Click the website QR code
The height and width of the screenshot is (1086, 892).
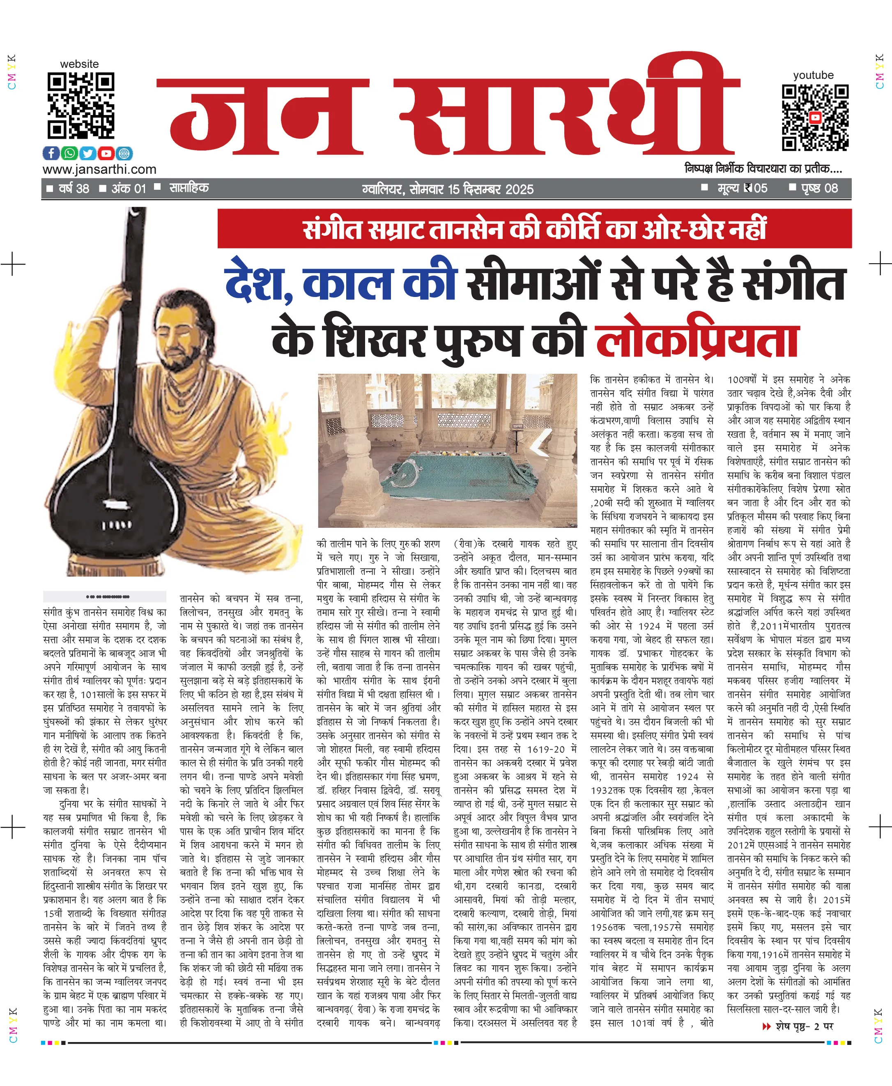(x=80, y=106)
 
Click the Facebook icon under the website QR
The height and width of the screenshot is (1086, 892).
(x=51, y=153)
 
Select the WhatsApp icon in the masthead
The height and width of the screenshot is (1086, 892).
(x=69, y=153)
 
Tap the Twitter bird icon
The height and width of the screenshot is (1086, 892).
(x=87, y=153)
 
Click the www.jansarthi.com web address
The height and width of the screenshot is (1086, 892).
(x=99, y=169)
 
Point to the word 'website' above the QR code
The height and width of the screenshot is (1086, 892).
(x=79, y=64)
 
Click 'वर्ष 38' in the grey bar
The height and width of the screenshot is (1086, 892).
(x=74, y=189)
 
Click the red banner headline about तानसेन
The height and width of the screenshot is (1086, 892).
(x=534, y=229)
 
